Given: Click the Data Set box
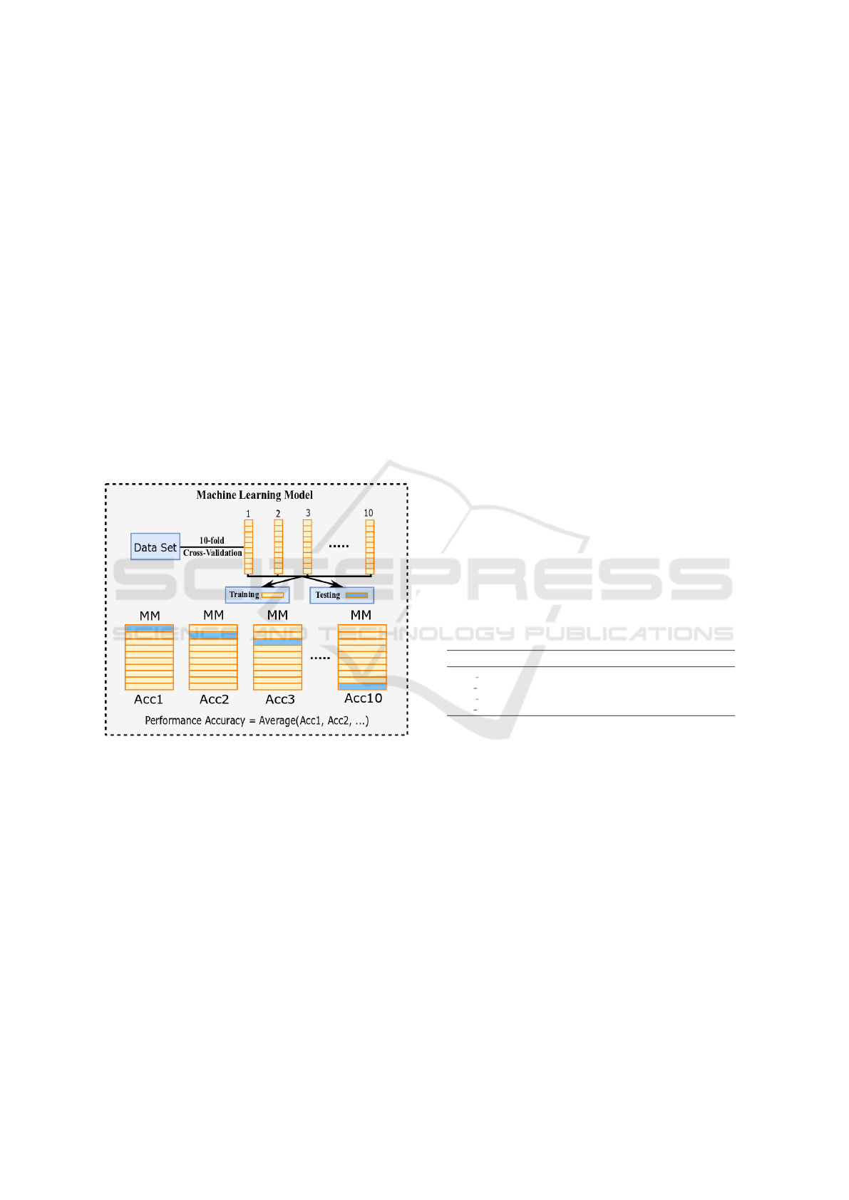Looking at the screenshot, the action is (x=155, y=547).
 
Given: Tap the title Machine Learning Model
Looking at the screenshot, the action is (x=254, y=495).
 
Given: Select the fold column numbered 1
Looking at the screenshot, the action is (x=249, y=547).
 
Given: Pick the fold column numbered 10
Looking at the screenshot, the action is (x=370, y=547).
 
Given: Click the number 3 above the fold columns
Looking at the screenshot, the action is (x=308, y=512).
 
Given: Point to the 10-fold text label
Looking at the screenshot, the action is (x=212, y=540).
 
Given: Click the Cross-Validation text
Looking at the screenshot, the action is (x=213, y=552).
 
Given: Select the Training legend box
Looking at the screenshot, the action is (x=257, y=594).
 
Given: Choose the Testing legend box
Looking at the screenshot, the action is (x=342, y=595).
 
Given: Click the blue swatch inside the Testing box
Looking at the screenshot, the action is (x=357, y=595).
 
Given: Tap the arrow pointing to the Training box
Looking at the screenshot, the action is (x=282, y=581).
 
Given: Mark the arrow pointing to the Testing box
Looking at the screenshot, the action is (x=324, y=581).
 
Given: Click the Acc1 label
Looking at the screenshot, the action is (x=148, y=699).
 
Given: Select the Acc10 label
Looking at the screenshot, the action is (x=363, y=698).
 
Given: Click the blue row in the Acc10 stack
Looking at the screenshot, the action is (x=362, y=686).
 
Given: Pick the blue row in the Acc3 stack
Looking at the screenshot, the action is (x=277, y=642).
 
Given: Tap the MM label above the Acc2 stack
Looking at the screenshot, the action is (x=213, y=615).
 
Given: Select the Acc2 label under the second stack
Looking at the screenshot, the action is (x=215, y=699).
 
